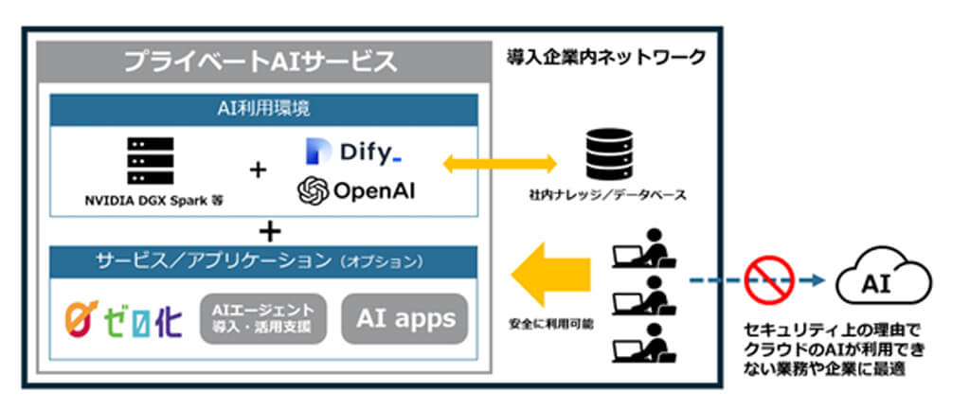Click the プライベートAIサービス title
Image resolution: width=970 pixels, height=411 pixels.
coord(260,63)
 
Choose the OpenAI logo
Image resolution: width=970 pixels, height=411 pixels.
coord(356,191)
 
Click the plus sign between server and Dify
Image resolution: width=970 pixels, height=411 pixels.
coord(257,170)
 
